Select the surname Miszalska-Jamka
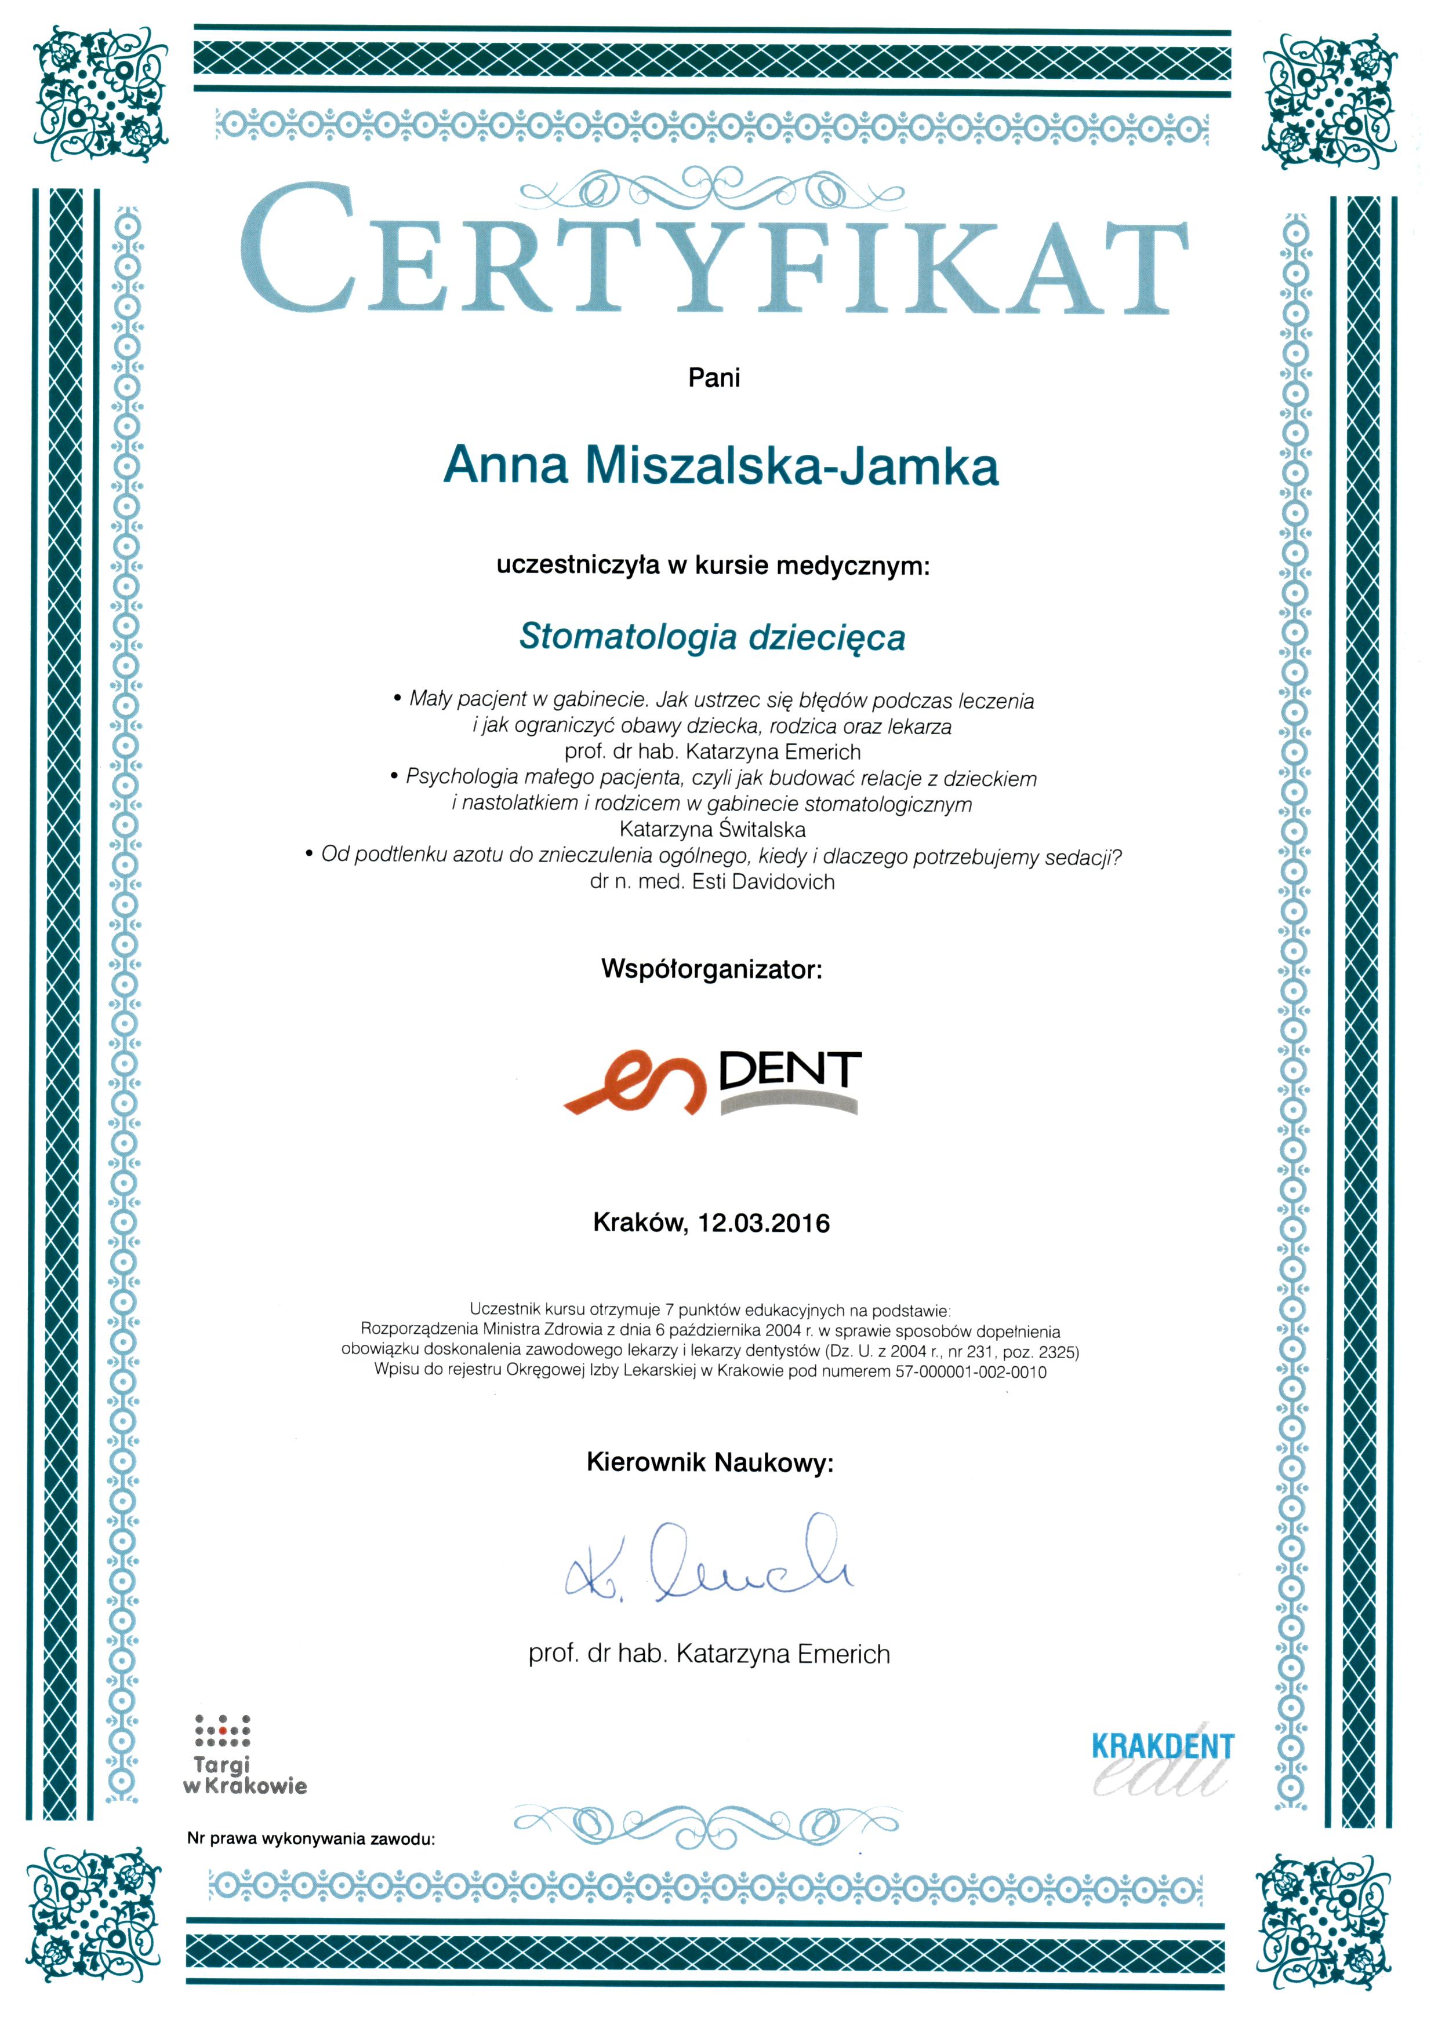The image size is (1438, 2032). point(791,465)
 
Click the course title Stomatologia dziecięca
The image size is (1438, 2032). point(712,637)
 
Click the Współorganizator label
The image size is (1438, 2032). point(712,969)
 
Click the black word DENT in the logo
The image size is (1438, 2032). point(790,1071)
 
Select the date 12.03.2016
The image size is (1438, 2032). point(764,1223)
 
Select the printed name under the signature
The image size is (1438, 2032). point(709,1654)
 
